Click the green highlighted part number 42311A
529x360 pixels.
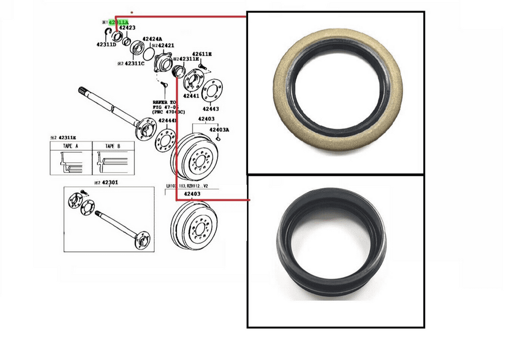click(118, 22)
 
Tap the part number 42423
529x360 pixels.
click(127, 28)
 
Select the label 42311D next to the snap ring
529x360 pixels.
click(106, 45)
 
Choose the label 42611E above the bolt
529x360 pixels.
click(202, 54)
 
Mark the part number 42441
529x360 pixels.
click(191, 96)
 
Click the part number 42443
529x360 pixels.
click(211, 108)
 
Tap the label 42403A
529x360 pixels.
click(219, 130)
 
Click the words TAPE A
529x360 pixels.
click(70, 146)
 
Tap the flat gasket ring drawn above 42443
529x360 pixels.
click(212, 90)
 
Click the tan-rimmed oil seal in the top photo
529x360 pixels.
click(335, 93)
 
